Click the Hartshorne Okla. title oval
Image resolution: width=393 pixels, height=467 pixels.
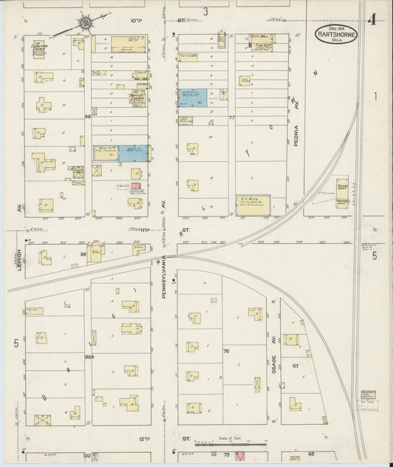[x=335, y=34]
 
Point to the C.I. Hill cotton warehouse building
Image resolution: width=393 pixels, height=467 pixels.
[x=252, y=205]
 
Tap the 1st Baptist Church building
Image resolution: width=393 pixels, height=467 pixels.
[x=137, y=99]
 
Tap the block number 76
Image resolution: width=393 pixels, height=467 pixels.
[x=227, y=352]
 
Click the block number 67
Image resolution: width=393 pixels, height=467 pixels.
[x=295, y=367]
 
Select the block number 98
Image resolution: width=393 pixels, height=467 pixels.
[x=87, y=117]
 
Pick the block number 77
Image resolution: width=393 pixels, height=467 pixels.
[x=231, y=117]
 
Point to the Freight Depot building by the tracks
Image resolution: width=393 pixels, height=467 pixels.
[x=342, y=194]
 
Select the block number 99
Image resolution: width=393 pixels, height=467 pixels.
[x=84, y=253]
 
